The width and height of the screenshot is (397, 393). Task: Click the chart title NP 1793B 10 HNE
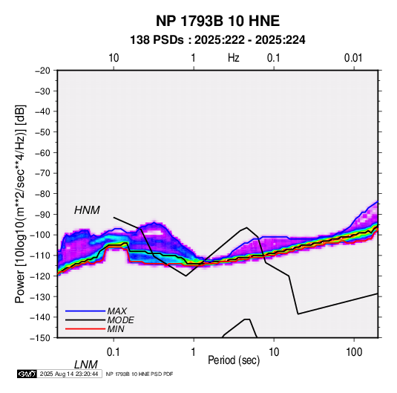[x=217, y=21]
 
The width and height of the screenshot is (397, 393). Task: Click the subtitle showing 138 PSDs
[x=217, y=40]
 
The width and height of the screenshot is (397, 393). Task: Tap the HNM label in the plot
[x=87, y=210]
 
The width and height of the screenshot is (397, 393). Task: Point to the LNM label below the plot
[x=85, y=365]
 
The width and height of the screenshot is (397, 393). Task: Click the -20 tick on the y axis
[x=42, y=71]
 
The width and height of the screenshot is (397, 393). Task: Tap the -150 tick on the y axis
[x=40, y=338]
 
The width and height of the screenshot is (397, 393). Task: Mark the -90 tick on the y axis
[x=42, y=214]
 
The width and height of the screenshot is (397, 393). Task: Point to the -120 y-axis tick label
[x=40, y=276]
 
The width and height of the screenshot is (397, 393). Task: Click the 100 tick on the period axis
[x=354, y=352]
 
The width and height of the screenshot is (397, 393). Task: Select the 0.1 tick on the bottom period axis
[x=114, y=352]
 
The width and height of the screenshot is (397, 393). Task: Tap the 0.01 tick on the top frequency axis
[x=353, y=58]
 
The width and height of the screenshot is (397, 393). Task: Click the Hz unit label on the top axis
[x=234, y=58]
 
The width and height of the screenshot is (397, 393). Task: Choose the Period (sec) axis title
[x=234, y=360]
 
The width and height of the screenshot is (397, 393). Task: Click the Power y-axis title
[x=20, y=204]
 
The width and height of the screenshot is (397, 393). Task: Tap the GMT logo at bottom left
[x=27, y=374]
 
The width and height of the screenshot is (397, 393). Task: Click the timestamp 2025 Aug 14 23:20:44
[x=69, y=374]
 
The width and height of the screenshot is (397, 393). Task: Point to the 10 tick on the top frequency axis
[x=114, y=58]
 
